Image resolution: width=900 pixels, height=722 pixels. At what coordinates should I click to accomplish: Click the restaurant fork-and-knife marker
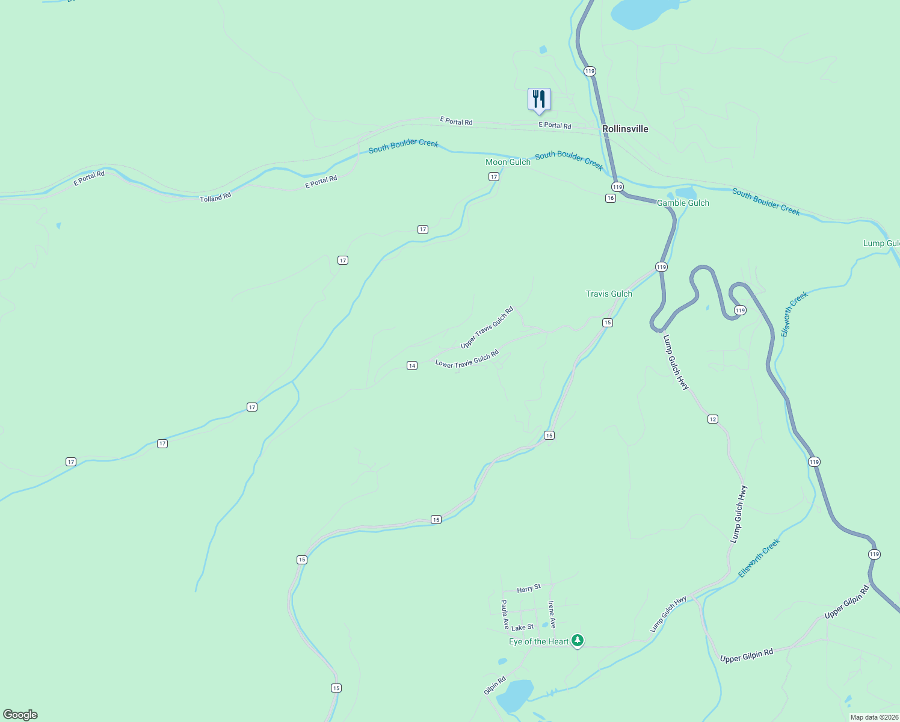tap(539, 99)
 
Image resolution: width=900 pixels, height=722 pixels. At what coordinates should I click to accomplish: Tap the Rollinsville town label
tap(625, 129)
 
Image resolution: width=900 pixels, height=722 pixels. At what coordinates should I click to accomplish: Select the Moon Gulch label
tap(508, 162)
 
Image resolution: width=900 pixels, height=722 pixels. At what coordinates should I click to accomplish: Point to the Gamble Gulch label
tap(683, 203)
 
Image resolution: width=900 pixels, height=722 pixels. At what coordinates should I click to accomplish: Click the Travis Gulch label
tap(609, 294)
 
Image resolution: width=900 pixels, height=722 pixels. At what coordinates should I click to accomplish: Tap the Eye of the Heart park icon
tap(578, 641)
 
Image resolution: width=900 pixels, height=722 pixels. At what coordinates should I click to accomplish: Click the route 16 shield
tap(611, 198)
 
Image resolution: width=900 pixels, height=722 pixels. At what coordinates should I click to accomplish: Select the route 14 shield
tap(412, 365)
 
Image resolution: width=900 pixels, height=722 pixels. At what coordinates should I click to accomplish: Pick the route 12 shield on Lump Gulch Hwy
tap(713, 419)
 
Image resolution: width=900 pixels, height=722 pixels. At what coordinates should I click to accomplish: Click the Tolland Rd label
tap(215, 197)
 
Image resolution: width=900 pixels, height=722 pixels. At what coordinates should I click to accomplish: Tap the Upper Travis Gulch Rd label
tap(487, 327)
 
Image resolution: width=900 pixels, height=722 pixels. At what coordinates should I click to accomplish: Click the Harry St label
tap(529, 588)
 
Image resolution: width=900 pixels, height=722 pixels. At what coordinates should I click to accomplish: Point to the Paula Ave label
tap(505, 614)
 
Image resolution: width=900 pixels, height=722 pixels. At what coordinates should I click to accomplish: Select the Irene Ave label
tap(552, 614)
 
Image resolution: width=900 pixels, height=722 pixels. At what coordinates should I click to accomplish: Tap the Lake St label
tap(522, 627)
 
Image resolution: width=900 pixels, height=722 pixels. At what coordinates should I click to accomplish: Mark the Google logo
tap(20, 715)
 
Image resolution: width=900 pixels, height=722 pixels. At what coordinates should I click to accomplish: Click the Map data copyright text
tap(874, 717)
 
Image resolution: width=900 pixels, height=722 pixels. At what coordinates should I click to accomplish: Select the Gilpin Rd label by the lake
tap(495, 685)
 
